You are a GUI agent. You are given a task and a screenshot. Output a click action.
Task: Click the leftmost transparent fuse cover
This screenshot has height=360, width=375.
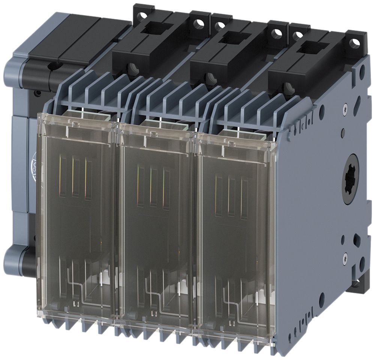(x=77, y=221)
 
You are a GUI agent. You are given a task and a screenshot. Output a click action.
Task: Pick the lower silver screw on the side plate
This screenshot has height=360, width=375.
(x=345, y=256)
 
